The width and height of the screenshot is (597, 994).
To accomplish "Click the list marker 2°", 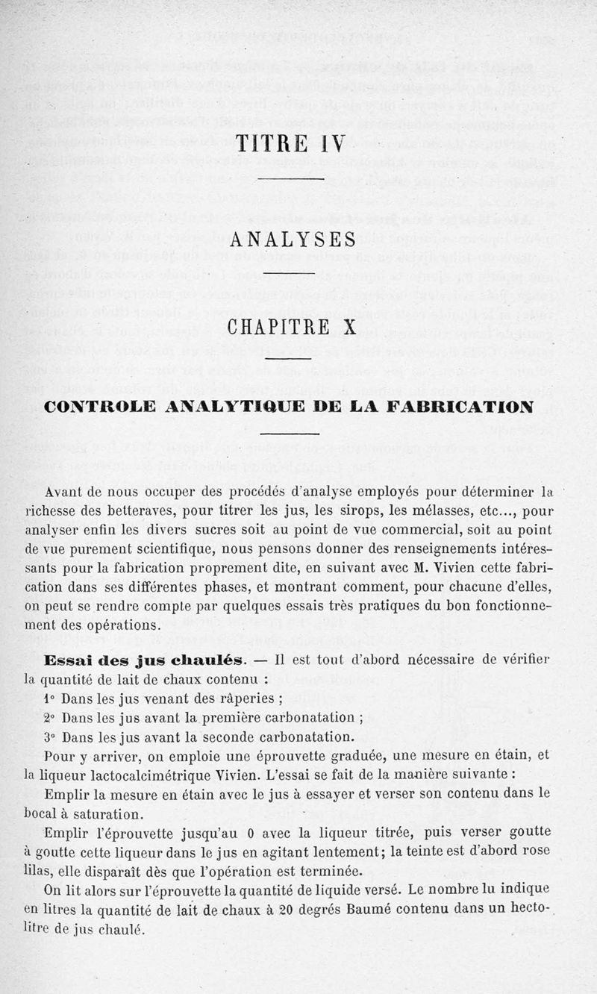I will coord(50,719).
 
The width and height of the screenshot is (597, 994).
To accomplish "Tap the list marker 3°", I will coord(50,738).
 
